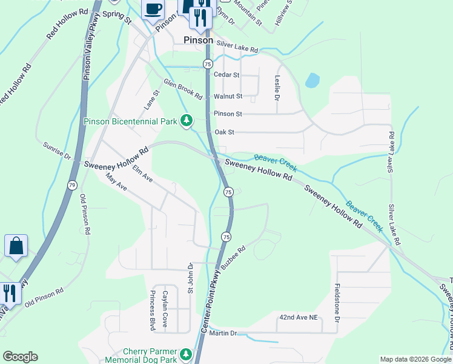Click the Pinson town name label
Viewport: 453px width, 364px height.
coord(198,40)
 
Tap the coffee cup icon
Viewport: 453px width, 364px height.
coord(153,10)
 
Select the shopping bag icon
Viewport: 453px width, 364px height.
coord(16,246)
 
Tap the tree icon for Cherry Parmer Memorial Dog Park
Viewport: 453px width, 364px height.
coord(187,354)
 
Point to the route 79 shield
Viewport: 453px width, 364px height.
coord(72,184)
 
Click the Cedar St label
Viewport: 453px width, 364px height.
coord(227,75)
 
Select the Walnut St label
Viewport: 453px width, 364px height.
coord(228,96)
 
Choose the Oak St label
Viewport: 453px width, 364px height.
coord(224,132)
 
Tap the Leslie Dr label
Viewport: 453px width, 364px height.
coord(277,88)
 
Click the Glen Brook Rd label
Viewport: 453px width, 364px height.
coord(182,89)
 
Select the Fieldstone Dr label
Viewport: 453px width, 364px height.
coord(337,302)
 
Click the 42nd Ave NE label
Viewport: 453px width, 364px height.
coord(299,317)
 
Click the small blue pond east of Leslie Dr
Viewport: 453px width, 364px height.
coord(312,81)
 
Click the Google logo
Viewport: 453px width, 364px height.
coord(20,357)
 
